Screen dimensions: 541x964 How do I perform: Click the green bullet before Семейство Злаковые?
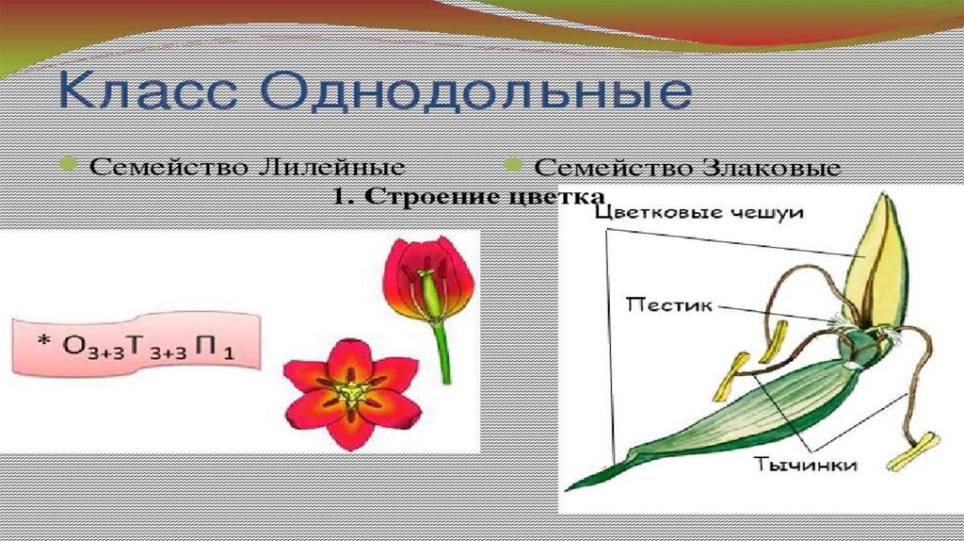(513, 166)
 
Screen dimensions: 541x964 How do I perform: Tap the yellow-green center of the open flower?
(351, 390)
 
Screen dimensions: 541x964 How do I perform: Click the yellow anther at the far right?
(912, 451)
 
